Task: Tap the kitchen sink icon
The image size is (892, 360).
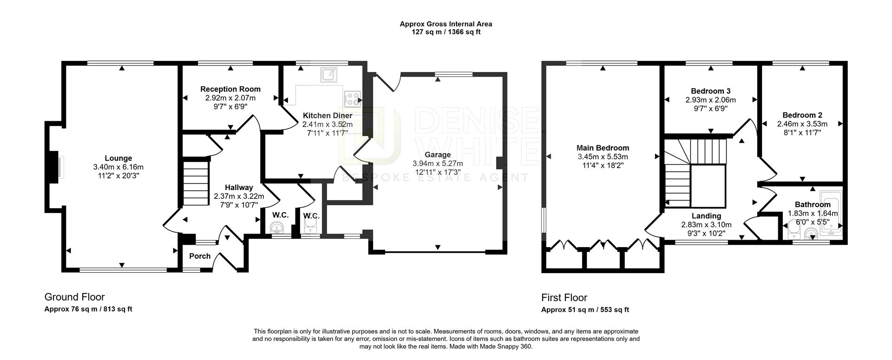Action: point(330,74)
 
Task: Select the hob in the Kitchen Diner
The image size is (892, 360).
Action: point(352,99)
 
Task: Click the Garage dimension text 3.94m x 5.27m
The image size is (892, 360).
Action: point(438,164)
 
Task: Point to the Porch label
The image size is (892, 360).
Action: point(200,256)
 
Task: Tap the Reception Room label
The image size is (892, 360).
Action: point(230,89)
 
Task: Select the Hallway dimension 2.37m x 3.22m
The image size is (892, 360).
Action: point(239,196)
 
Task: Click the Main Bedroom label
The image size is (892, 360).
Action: point(603,148)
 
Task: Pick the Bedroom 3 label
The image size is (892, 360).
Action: point(710,91)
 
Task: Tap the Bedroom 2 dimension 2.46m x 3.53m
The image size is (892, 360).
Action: point(802,124)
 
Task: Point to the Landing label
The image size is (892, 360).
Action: point(706,216)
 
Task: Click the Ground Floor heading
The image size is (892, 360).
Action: point(74,297)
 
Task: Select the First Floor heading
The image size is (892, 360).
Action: point(564,298)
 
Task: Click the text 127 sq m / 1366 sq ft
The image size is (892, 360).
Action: point(446,32)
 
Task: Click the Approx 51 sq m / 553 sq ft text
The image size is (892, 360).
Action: point(585,310)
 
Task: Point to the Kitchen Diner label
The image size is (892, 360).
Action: point(328,116)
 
